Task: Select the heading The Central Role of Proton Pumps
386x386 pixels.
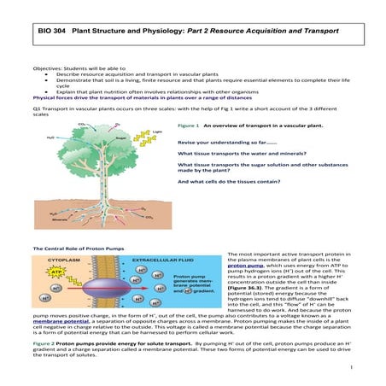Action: [x=72, y=248]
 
